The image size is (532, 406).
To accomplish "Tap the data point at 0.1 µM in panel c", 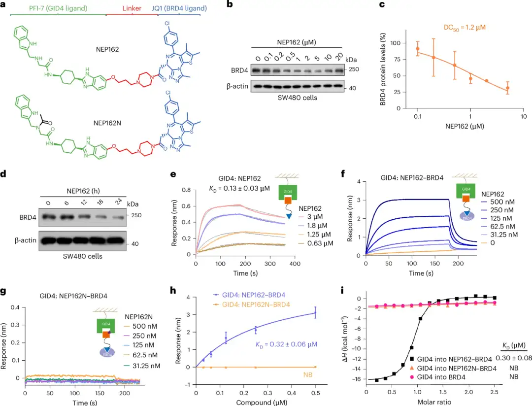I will (418, 49).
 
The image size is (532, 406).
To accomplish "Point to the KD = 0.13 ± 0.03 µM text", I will (236, 187).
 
